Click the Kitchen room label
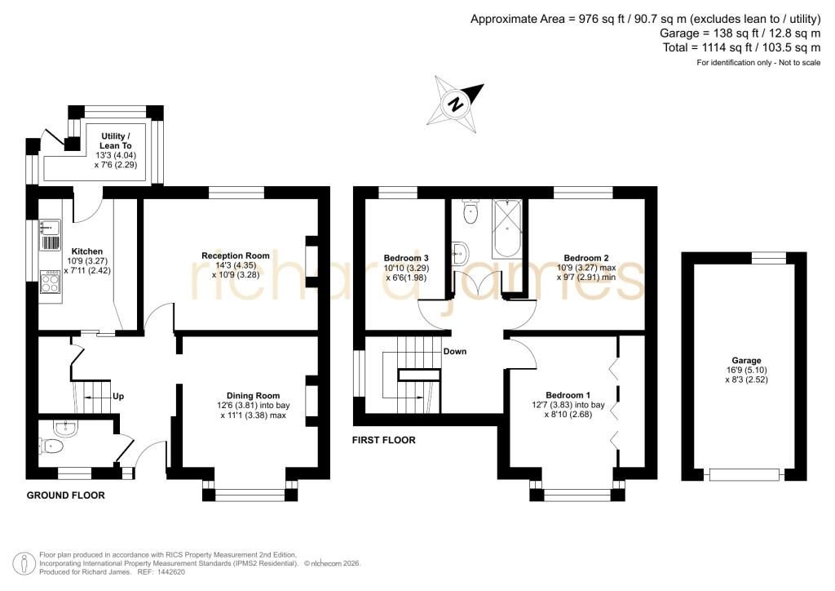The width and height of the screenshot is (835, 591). pyautogui.click(x=86, y=251)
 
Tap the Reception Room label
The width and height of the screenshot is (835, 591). pyautogui.click(x=236, y=256)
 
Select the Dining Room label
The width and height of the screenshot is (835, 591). pyautogui.click(x=253, y=395)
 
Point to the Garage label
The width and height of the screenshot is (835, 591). pyautogui.click(x=746, y=361)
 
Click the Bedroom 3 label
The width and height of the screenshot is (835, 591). pyautogui.click(x=406, y=258)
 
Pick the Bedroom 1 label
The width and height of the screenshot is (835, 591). pyautogui.click(x=568, y=395)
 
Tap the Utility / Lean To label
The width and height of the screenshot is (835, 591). pyautogui.click(x=116, y=140)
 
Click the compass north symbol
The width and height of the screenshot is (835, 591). pyautogui.click(x=456, y=104)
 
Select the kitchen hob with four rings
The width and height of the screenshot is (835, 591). pyautogui.click(x=50, y=282)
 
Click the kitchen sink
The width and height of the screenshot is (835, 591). pyautogui.click(x=49, y=228)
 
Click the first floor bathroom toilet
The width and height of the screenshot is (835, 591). pyautogui.click(x=471, y=211)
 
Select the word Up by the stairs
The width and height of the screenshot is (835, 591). pyautogui.click(x=118, y=396)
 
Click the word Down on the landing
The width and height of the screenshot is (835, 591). pyautogui.click(x=455, y=351)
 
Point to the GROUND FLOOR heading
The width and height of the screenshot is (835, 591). pyautogui.click(x=65, y=495)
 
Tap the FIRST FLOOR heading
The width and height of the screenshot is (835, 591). pyautogui.click(x=383, y=440)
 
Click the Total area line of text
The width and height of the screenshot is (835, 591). pyautogui.click(x=742, y=47)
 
